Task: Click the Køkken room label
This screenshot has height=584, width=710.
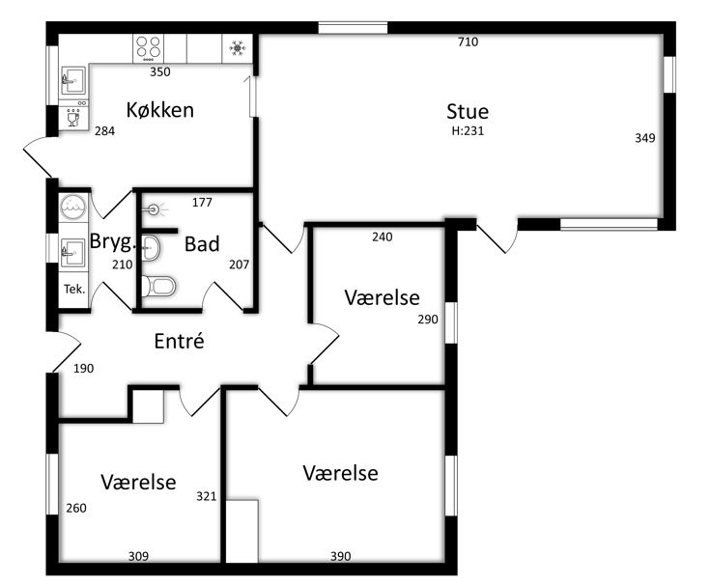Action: (159, 110)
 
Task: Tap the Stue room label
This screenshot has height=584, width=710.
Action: (468, 112)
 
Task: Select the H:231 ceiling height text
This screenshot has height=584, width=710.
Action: (468, 130)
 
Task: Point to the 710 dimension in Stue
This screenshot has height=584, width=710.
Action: (468, 42)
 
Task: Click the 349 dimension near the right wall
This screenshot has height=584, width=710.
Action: (645, 138)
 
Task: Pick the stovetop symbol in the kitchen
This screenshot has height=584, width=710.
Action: (149, 48)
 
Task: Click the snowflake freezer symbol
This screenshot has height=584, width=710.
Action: (237, 48)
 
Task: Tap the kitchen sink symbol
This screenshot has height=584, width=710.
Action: (72, 80)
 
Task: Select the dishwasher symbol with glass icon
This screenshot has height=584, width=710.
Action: (72, 118)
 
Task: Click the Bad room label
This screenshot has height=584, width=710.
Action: (202, 244)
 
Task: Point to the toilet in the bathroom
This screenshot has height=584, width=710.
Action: (158, 286)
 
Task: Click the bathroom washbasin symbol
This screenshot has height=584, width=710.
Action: (151, 248)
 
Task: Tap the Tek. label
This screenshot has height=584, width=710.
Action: (74, 289)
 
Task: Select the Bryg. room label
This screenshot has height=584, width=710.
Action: (113, 241)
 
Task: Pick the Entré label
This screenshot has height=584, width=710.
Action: (179, 341)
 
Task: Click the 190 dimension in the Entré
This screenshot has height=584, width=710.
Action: (84, 369)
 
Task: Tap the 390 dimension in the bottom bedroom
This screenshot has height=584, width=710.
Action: (340, 556)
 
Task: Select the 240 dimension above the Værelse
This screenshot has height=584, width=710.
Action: (383, 237)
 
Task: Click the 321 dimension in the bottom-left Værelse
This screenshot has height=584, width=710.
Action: (206, 497)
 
